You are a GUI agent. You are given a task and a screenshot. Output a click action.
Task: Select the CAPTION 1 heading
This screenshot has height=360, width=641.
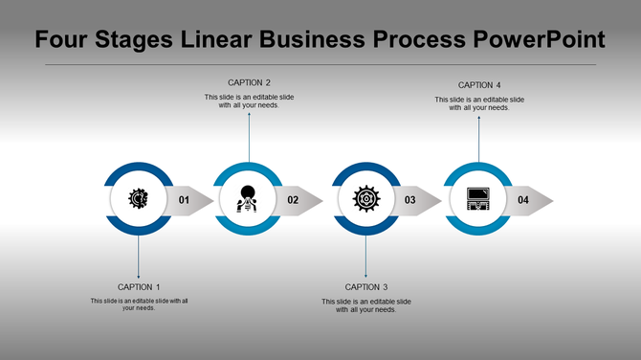tap(139, 287)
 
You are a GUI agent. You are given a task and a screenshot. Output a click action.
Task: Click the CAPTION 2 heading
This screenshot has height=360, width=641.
tap(249, 82)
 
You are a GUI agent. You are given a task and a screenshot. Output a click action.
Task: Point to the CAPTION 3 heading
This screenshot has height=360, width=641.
tap(366, 287)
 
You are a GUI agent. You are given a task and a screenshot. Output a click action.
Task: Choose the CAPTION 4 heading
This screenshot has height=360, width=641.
tap(479, 85)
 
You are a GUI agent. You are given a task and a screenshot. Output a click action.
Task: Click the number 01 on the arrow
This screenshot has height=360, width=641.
tap(184, 200)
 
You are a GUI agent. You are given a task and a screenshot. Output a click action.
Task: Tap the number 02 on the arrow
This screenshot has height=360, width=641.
tap(293, 200)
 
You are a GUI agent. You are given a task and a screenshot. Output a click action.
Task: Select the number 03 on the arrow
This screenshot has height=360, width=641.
tap(409, 200)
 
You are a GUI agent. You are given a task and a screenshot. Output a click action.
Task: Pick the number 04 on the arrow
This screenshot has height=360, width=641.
tap(523, 200)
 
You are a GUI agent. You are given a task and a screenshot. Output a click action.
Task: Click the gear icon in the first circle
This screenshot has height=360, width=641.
tap(139, 199)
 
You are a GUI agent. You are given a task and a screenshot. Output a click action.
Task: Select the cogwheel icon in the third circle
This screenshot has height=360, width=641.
tap(365, 199)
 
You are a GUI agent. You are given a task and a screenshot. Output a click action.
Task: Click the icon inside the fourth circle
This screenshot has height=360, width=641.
tap(478, 199)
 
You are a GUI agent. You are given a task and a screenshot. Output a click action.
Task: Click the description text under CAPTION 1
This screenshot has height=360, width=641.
tap(139, 304)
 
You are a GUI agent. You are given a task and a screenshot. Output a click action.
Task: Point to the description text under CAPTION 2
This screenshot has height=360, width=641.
tap(249, 101)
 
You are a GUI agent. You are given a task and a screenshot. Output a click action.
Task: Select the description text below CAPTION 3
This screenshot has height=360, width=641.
tap(366, 305)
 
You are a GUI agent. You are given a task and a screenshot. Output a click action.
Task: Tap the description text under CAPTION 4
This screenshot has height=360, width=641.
tap(479, 103)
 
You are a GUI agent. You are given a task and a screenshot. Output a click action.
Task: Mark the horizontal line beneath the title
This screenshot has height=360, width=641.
tap(320, 64)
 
